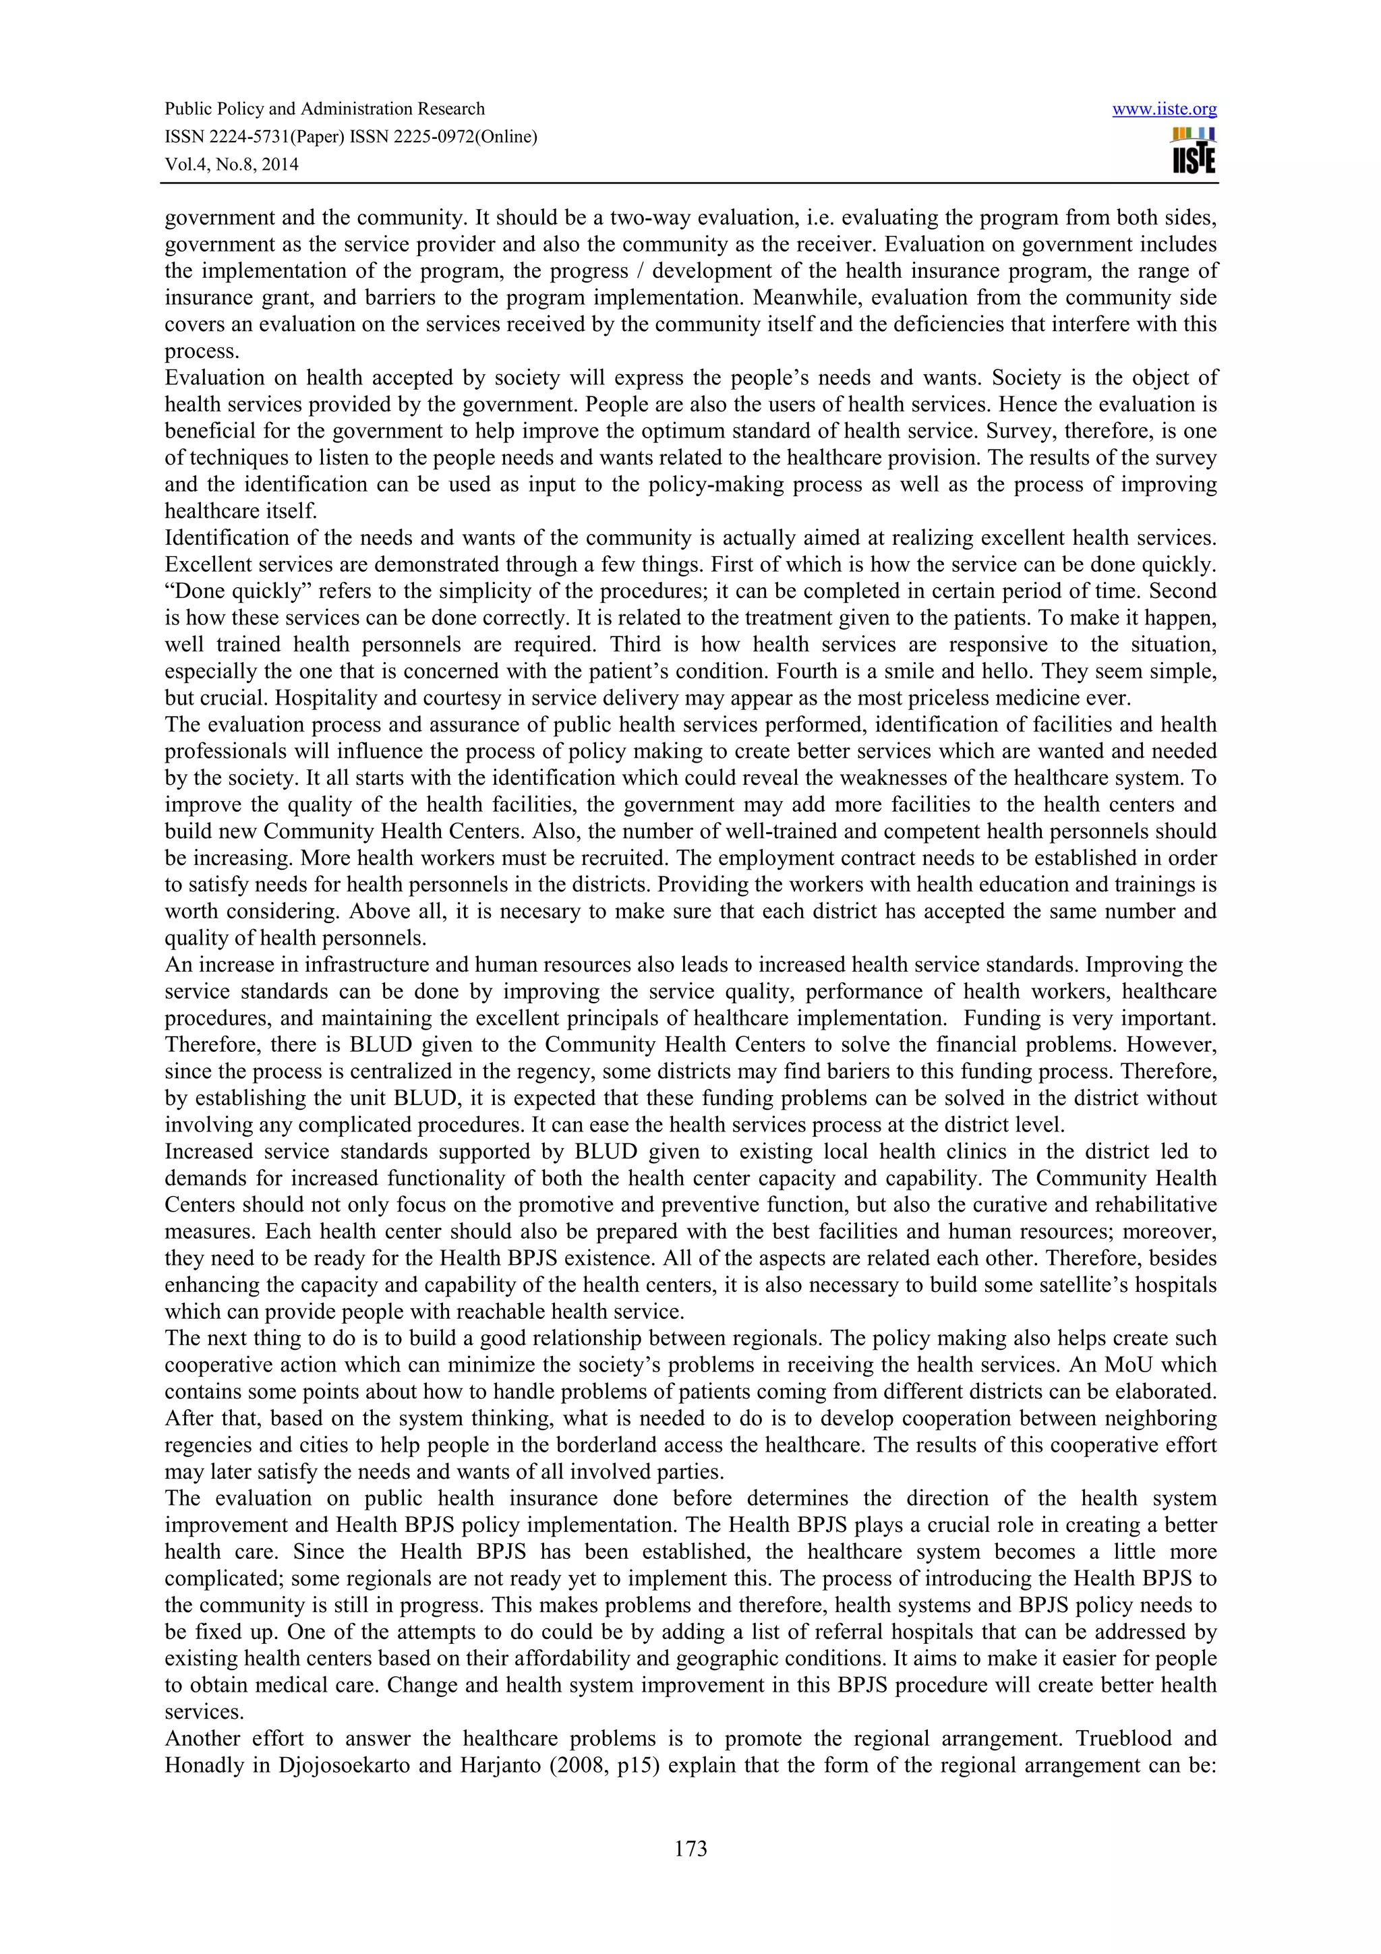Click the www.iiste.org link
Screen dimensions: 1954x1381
[1164, 110]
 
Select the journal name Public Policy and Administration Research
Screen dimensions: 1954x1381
[324, 109]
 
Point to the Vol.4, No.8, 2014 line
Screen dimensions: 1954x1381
[231, 165]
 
